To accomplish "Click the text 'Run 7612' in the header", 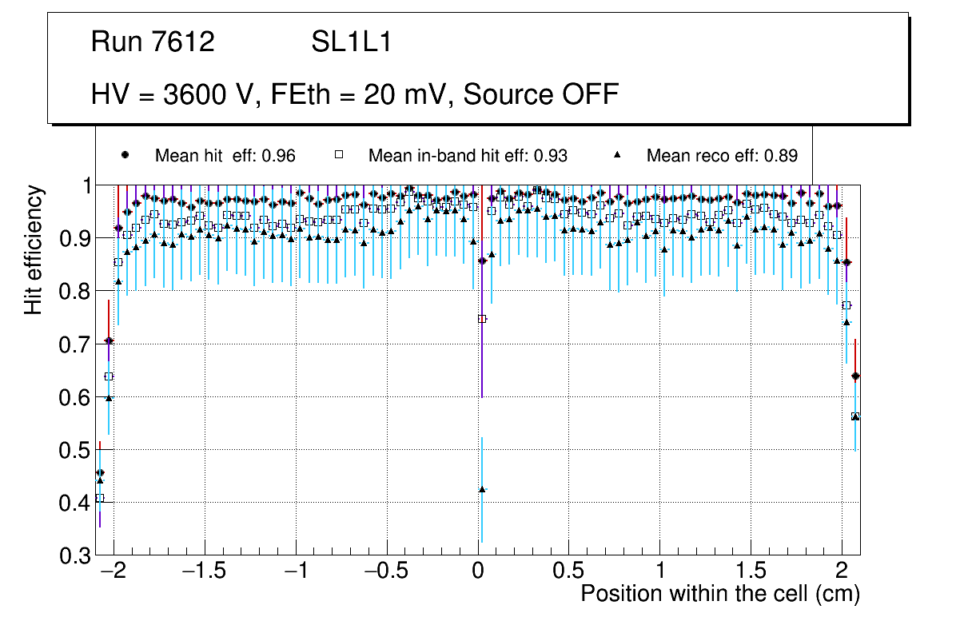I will (153, 42).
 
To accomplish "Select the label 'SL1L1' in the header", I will (352, 42).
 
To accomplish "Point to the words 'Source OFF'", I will (541, 94).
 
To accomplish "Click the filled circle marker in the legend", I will (124, 155).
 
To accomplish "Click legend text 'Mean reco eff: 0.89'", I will (722, 156).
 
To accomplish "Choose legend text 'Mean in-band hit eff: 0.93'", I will (468, 156).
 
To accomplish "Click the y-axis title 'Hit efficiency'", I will (34, 249).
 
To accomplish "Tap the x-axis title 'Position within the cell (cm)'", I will (719, 594).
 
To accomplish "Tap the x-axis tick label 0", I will (478, 572).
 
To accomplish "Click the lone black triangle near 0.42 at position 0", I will (482, 489).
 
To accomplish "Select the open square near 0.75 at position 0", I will (482, 319).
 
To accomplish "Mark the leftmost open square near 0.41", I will (100, 498).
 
